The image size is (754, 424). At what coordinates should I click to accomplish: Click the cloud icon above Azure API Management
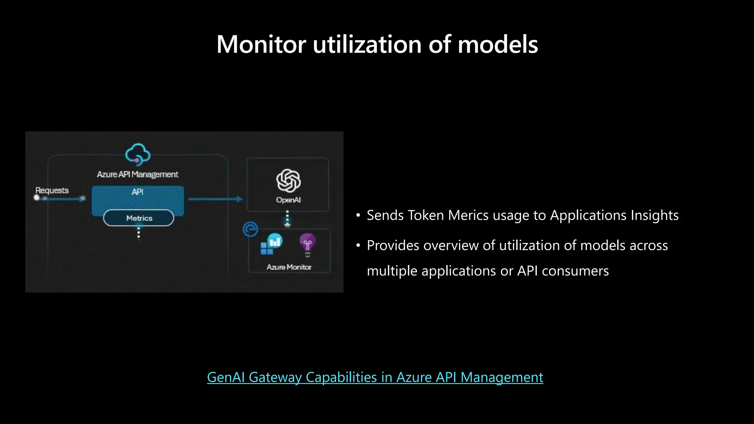[138, 154]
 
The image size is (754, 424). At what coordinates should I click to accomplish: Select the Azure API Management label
[137, 174]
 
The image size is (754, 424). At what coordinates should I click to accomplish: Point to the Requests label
[52, 190]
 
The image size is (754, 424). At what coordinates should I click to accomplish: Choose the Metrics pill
[138, 218]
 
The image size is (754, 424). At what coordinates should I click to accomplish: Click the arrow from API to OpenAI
[215, 199]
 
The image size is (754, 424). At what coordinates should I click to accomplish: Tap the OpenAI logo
[288, 181]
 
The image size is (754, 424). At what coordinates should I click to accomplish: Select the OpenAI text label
[288, 200]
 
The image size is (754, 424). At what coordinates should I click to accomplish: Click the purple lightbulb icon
[307, 244]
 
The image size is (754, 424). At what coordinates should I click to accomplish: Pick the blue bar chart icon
[275, 241]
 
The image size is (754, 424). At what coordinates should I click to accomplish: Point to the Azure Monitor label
[289, 267]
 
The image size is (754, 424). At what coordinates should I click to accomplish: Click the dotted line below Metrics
[138, 233]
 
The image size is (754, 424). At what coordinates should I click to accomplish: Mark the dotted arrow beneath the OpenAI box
[288, 219]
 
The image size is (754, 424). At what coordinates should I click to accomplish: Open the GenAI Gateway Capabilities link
[375, 377]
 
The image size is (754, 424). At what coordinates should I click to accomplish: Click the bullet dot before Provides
[358, 245]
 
